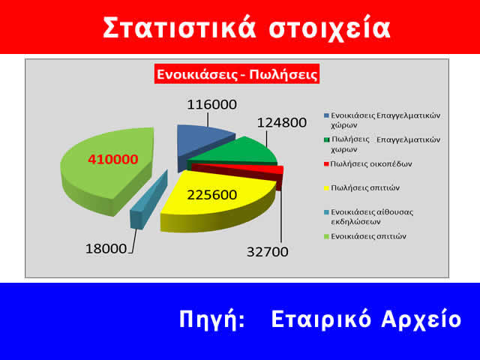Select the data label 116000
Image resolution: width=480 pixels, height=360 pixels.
pyautogui.click(x=208, y=106)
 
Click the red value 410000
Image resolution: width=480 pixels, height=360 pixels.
pyautogui.click(x=112, y=159)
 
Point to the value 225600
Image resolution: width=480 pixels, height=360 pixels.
pyautogui.click(x=211, y=195)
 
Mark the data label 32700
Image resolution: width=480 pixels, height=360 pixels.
pyautogui.click(x=268, y=252)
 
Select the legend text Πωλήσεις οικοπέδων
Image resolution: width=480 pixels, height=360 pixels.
pyautogui.click(x=371, y=163)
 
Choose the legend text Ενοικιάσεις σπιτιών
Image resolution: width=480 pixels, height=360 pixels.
pyautogui.click(x=368, y=235)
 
